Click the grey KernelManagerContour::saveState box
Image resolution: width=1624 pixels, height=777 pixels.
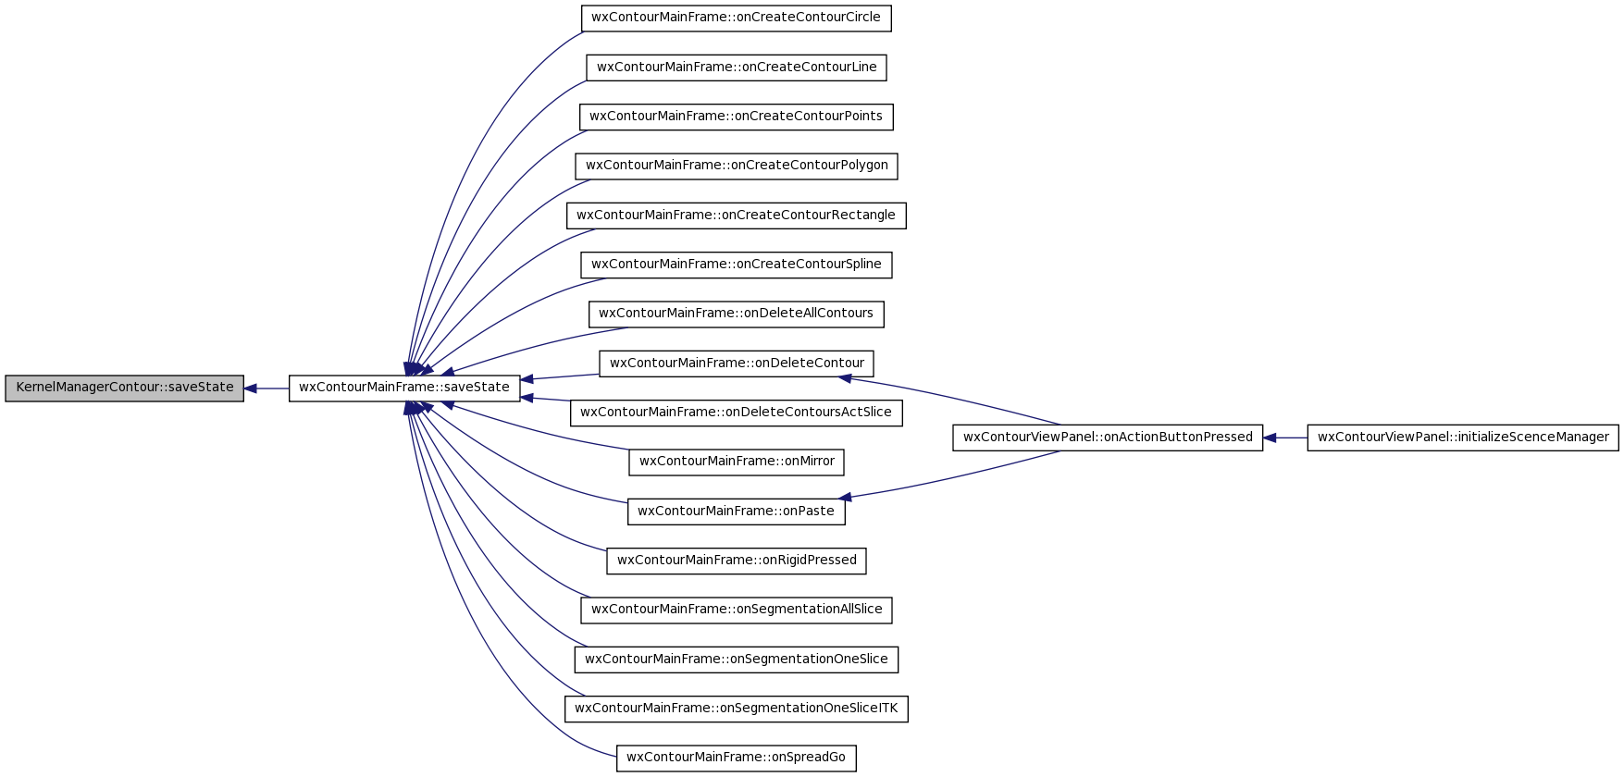click(x=125, y=388)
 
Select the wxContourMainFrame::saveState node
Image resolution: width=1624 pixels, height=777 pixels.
click(x=404, y=388)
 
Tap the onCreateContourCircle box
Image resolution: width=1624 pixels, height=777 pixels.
click(x=737, y=18)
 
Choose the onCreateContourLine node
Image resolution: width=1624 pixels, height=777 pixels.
click(x=737, y=68)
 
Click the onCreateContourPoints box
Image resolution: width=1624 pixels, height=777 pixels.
click(x=737, y=117)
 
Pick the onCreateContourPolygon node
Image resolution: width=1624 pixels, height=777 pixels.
click(x=737, y=166)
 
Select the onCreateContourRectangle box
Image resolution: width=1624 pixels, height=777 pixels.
click(x=737, y=216)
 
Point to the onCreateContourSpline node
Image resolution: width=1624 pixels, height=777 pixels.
click(x=737, y=265)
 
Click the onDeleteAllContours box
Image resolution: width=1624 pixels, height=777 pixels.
click(x=737, y=314)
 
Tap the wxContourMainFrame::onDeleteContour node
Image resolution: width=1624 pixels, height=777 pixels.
click(x=737, y=364)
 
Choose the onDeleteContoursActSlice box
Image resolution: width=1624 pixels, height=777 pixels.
click(x=737, y=413)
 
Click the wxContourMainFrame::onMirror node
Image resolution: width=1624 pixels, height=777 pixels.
click(x=737, y=462)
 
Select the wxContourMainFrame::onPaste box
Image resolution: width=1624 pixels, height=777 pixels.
click(x=737, y=512)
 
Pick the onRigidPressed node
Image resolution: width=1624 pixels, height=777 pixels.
click(x=737, y=561)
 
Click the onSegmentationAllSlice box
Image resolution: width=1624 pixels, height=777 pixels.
click(x=737, y=610)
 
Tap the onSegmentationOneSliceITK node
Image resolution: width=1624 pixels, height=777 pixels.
click(x=737, y=709)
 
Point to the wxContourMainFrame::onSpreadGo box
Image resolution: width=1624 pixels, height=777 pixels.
click(x=737, y=758)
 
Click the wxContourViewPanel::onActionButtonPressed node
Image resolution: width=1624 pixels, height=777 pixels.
click(x=1108, y=438)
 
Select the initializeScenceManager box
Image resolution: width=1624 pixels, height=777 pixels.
click(x=1463, y=438)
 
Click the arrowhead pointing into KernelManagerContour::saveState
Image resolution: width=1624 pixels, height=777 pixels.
click(x=251, y=388)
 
